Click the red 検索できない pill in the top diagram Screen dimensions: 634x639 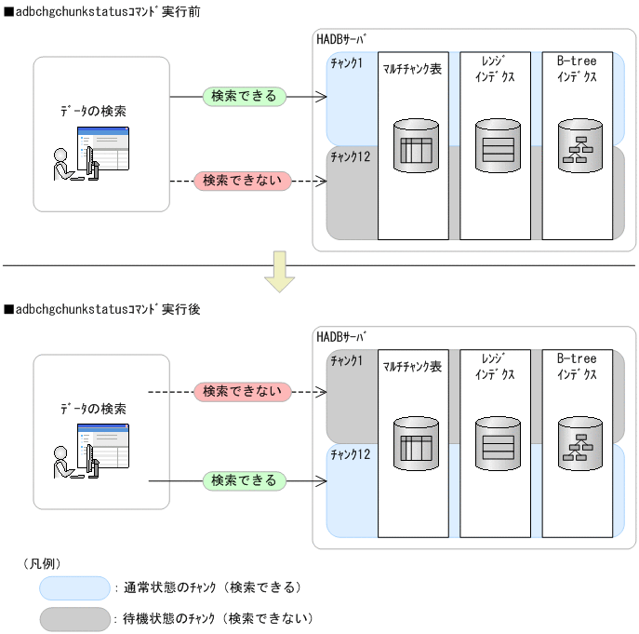point(243,180)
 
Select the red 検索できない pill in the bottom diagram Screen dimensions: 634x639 point(243,391)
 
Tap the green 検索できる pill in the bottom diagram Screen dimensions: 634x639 point(244,480)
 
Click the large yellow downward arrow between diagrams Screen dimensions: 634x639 point(279,271)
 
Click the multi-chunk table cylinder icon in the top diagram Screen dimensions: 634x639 point(416,146)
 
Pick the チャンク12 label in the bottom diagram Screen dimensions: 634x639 point(350,453)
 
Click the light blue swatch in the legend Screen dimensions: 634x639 point(74,587)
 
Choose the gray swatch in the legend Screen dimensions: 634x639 point(74,617)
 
